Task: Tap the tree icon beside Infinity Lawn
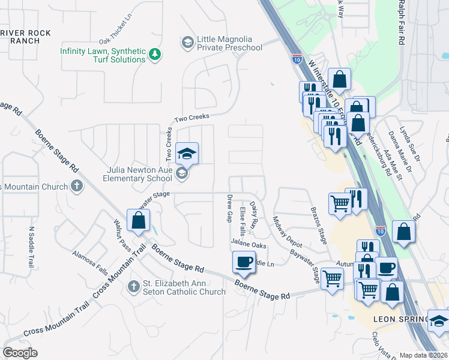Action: [155, 55]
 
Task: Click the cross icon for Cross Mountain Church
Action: [76, 186]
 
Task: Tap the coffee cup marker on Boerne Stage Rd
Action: [244, 262]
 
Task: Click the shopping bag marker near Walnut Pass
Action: [139, 220]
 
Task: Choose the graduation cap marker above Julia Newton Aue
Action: [187, 153]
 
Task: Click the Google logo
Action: [20, 352]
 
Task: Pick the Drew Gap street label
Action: [229, 208]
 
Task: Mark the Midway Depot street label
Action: [288, 232]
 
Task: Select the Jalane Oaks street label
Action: [249, 245]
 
